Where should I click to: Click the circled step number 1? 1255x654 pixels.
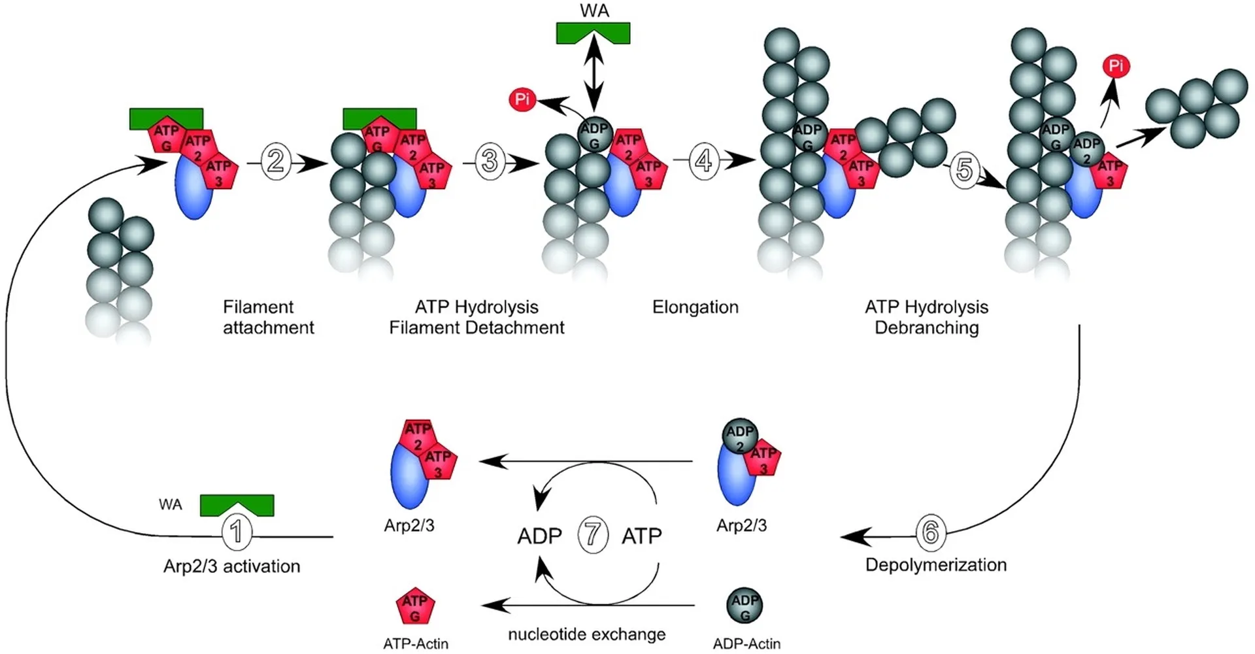coord(237,532)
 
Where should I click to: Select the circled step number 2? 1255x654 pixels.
coord(276,162)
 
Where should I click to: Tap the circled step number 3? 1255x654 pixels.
coord(490,161)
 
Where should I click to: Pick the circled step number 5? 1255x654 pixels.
coord(964,170)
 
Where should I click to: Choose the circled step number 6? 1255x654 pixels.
coord(930,532)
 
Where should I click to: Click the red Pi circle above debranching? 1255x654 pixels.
coord(1116,66)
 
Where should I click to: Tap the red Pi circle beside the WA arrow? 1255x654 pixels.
coord(522,99)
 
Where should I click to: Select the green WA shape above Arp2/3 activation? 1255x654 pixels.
coord(237,505)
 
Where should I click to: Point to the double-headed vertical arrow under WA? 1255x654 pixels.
coord(594,73)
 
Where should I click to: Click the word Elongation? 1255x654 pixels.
coord(695,307)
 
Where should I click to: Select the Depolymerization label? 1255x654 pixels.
coord(936,565)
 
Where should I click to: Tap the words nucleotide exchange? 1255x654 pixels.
coord(587,634)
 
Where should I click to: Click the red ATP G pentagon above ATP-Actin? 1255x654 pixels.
coord(415,606)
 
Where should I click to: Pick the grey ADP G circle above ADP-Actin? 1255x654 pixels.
coord(745,606)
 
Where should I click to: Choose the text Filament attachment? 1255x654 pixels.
coord(269,317)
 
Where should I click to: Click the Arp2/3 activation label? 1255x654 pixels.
coord(232,566)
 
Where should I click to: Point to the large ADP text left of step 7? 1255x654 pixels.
coord(540,536)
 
